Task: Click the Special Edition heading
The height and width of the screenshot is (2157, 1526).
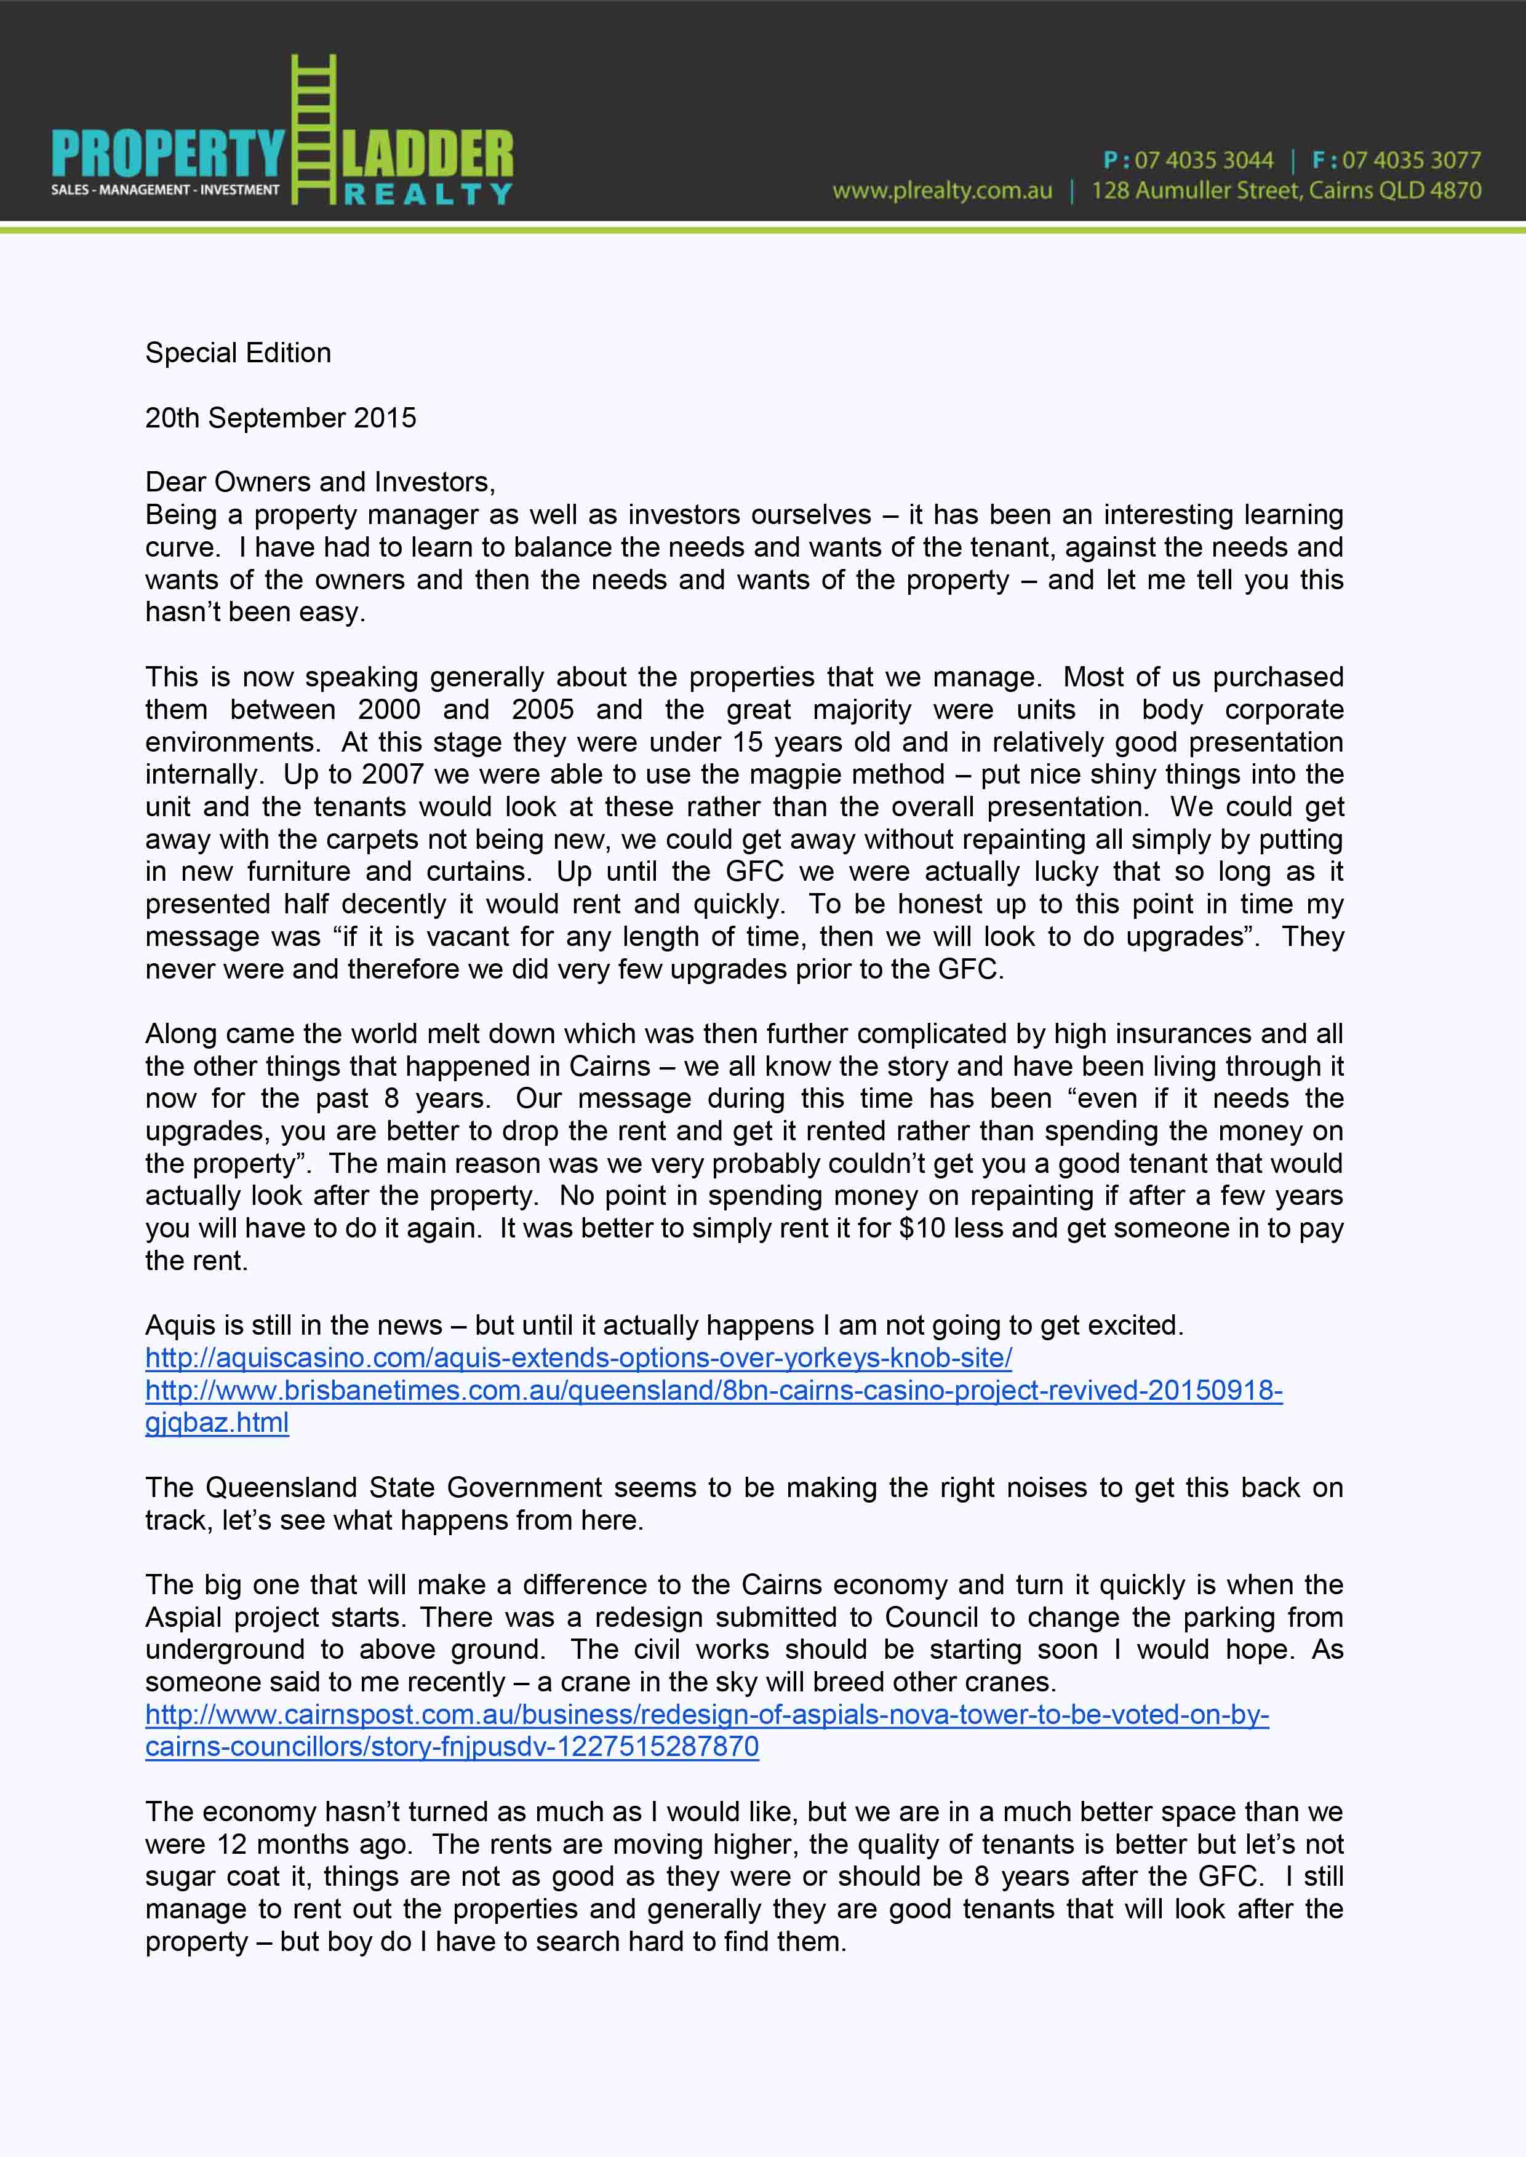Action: click(x=238, y=353)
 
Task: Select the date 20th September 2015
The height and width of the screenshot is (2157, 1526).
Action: click(x=280, y=418)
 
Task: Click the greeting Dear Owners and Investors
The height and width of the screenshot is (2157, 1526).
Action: click(x=319, y=482)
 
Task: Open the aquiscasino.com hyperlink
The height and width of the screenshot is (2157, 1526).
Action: click(x=578, y=1357)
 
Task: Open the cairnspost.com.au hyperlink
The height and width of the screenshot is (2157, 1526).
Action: click(x=706, y=1715)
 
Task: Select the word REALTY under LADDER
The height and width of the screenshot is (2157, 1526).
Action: click(x=428, y=194)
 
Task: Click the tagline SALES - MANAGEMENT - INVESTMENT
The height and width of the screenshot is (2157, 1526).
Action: click(x=166, y=190)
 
